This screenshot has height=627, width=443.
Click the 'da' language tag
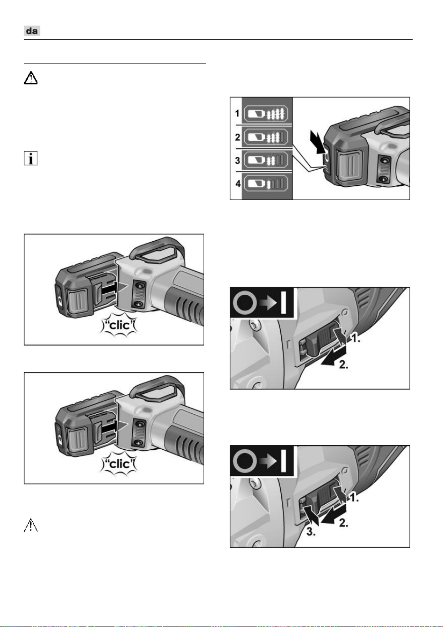(32, 31)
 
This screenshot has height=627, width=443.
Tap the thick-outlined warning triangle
(30, 78)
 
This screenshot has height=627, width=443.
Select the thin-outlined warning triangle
(30, 525)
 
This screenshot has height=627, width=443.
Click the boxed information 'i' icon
(30, 158)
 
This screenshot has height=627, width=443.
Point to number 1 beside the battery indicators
(237, 114)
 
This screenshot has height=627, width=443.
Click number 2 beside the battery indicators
(237, 137)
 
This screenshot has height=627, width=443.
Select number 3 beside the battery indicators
(237, 161)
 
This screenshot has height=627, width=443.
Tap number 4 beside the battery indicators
(238, 184)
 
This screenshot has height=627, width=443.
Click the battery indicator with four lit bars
(266, 114)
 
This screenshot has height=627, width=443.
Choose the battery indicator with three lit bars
(266, 137)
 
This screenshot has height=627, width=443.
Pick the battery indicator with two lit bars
(266, 161)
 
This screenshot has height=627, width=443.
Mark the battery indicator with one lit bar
(266, 184)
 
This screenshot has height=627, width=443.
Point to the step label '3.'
(311, 531)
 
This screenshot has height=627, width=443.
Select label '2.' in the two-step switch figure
(344, 364)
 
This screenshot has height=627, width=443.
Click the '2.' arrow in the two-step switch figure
(334, 356)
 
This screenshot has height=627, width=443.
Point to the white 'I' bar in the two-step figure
(284, 302)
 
